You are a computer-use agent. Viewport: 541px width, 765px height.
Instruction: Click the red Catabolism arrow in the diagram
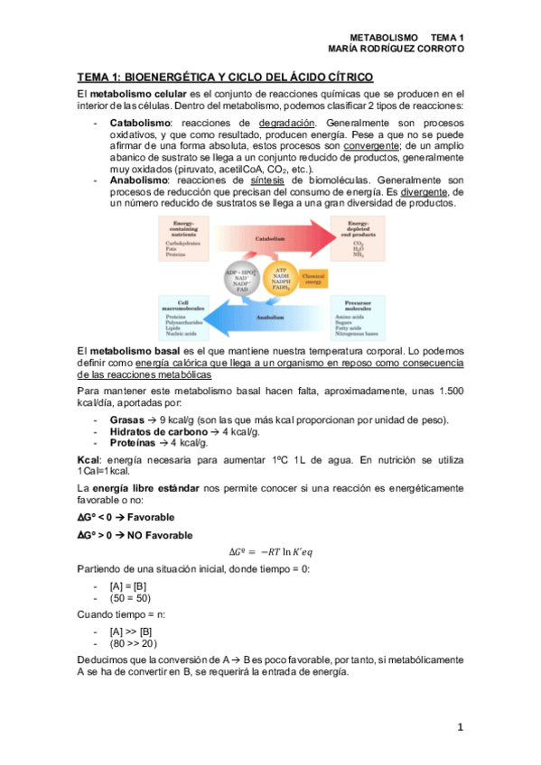click(271, 239)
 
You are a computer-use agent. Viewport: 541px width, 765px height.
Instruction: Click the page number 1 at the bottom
click(460, 726)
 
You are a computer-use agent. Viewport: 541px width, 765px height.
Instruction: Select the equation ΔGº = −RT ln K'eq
click(270, 552)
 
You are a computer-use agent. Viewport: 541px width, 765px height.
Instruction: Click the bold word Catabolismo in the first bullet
click(140, 121)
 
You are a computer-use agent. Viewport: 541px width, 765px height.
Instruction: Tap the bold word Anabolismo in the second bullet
click(138, 180)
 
